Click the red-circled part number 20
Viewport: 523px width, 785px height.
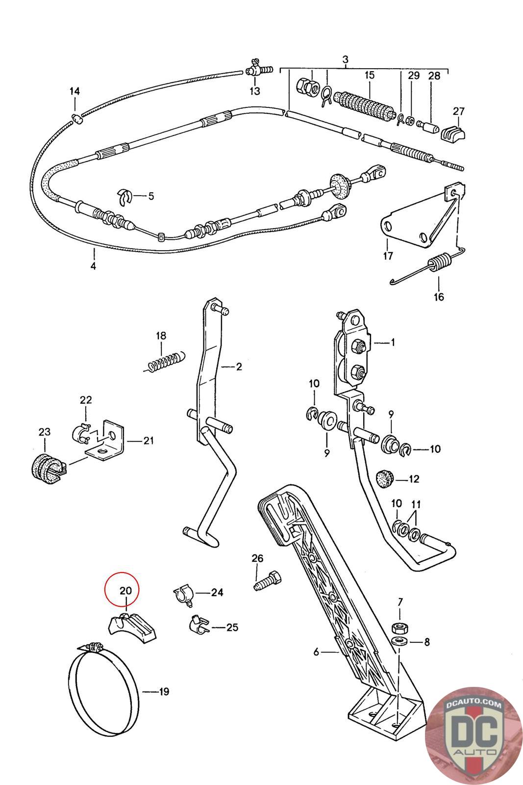coord(126,590)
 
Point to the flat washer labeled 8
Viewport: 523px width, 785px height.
coord(398,642)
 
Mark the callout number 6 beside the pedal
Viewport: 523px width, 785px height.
coord(317,652)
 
